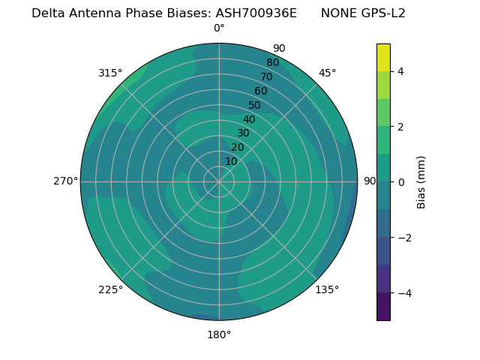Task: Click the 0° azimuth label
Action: coord(219,28)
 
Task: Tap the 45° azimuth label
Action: coord(327,73)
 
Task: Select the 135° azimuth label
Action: coord(327,289)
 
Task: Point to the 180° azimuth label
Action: coord(219,334)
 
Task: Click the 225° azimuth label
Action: coord(110,289)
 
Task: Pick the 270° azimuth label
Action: coord(65,181)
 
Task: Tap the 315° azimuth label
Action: coord(110,73)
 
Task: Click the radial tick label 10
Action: coord(231,161)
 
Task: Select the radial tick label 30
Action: coord(243,133)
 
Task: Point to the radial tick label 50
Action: coord(255,105)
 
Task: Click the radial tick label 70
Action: coord(267,76)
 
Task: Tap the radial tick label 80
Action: coord(272,62)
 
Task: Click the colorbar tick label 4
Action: coord(400,71)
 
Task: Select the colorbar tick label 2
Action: coord(400,127)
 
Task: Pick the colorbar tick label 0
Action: coord(400,182)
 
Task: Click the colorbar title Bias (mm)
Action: coord(421,182)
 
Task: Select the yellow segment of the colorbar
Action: coord(383,58)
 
